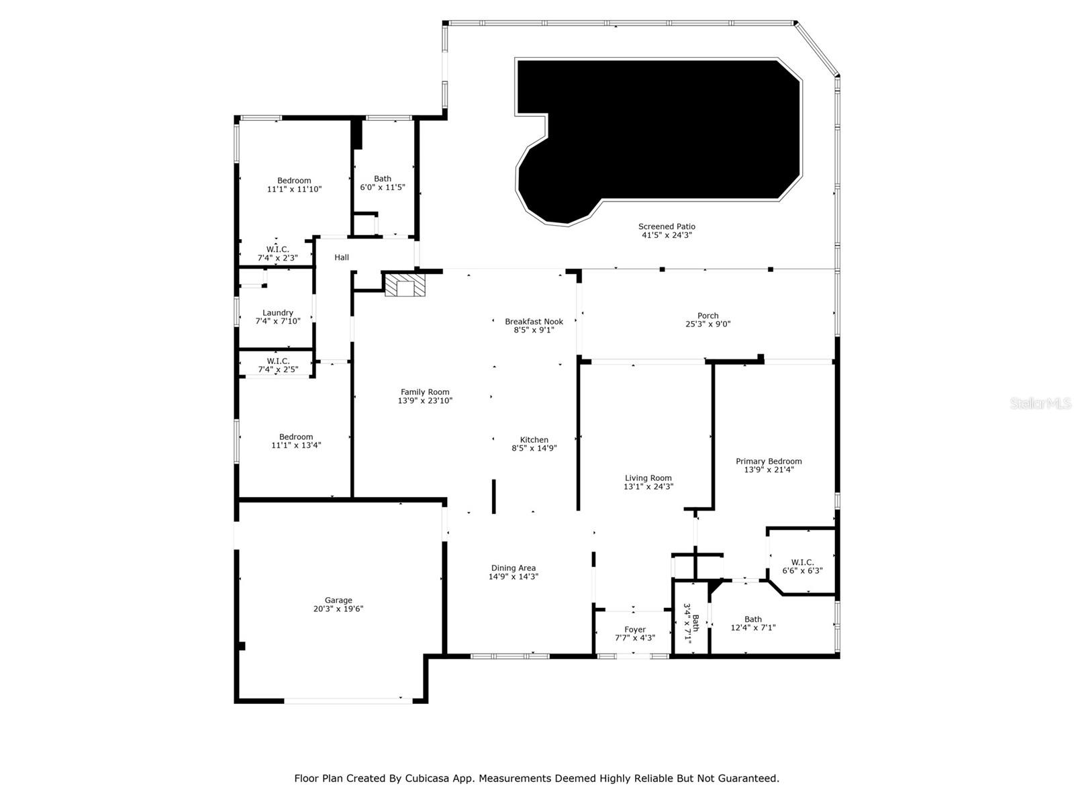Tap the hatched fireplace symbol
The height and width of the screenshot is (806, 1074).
click(405, 285)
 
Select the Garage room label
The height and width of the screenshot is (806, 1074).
click(338, 600)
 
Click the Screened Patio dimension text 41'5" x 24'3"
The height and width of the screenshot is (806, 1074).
click(667, 235)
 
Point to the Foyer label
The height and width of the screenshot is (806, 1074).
click(634, 629)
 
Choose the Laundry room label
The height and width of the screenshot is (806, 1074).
click(277, 313)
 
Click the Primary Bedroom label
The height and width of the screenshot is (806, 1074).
click(768, 461)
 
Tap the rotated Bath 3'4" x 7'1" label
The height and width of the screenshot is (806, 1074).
click(691, 623)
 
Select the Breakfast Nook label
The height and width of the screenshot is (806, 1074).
click(534, 322)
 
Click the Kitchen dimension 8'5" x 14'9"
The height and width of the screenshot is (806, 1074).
click(534, 448)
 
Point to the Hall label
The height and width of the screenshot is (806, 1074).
click(342, 257)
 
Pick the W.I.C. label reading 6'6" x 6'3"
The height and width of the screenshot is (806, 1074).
click(802, 566)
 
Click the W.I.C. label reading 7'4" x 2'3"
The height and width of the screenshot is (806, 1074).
click(277, 253)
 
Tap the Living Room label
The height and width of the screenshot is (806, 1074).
click(648, 478)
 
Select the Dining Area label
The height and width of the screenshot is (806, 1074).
click(514, 568)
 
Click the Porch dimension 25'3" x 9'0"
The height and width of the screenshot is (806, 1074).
click(707, 324)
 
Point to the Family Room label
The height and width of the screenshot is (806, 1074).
click(425, 392)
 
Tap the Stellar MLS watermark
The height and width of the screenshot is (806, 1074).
click(1040, 403)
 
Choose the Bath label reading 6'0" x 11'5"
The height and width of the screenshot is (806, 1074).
click(382, 183)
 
